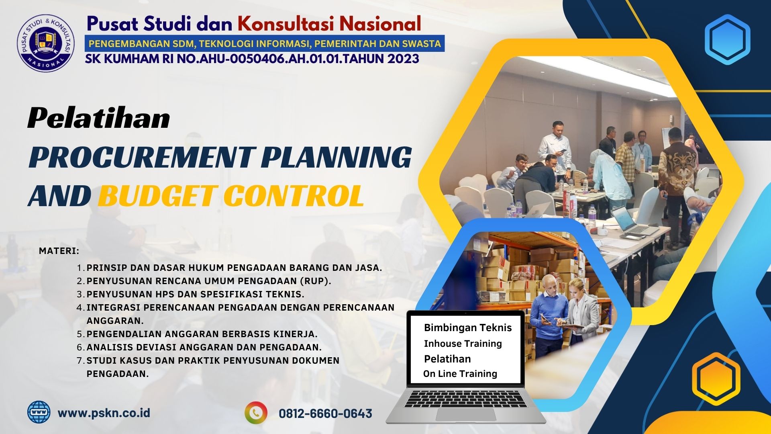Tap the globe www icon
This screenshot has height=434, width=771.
tap(39, 412)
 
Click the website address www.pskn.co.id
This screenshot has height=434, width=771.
tap(104, 413)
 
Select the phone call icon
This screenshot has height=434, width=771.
tap(256, 413)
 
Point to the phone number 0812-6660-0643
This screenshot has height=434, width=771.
tap(325, 414)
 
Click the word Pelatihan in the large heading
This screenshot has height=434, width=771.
tap(99, 119)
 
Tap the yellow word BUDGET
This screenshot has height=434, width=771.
tap(157, 195)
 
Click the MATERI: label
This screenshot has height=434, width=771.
tap(59, 251)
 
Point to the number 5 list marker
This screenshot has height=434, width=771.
tap(80, 334)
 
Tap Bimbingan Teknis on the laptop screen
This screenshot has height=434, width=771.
tap(468, 328)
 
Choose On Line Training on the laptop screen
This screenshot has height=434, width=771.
tap(460, 374)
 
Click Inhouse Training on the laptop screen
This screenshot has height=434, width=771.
tap(463, 344)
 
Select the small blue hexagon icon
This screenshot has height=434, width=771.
tap(727, 39)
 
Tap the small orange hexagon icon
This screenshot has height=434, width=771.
tap(716, 379)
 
